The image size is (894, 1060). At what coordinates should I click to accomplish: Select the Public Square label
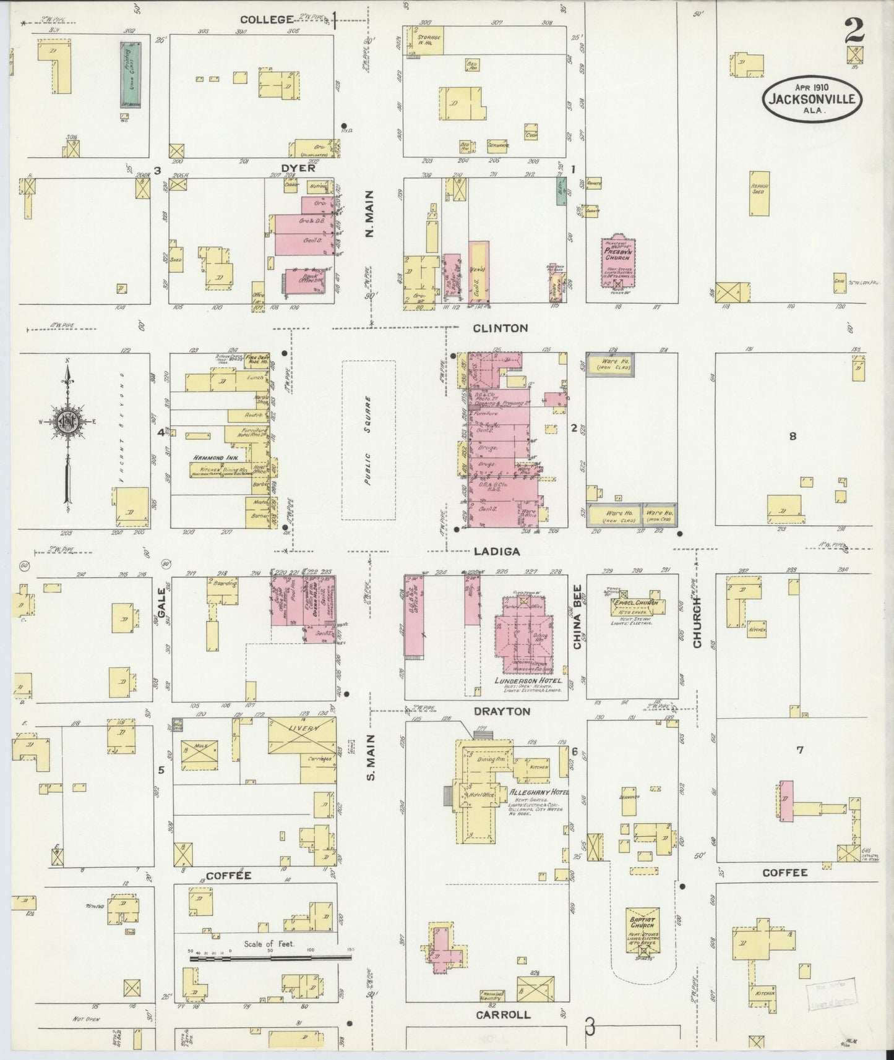(x=369, y=440)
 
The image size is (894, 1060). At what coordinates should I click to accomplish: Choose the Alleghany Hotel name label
(x=539, y=792)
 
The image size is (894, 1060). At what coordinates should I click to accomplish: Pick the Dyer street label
(x=298, y=168)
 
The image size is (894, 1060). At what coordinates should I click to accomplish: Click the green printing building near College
(x=130, y=75)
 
